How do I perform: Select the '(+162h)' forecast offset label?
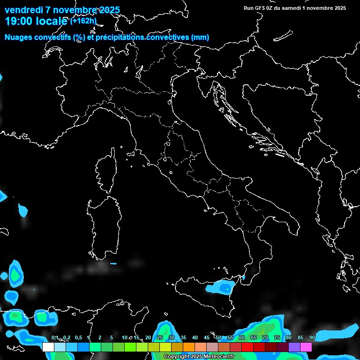(83, 21)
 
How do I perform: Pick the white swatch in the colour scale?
(48, 347)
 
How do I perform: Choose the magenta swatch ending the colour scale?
(306, 347)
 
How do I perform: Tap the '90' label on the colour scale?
(312, 338)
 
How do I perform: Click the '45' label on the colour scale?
(207, 338)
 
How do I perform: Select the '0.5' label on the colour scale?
(78, 338)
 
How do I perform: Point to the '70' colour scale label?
(265, 338)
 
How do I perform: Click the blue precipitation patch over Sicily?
(220, 287)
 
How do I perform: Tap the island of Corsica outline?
(106, 173)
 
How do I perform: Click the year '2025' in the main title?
(105, 10)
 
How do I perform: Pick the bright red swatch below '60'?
(247, 347)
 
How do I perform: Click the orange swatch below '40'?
(189, 347)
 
